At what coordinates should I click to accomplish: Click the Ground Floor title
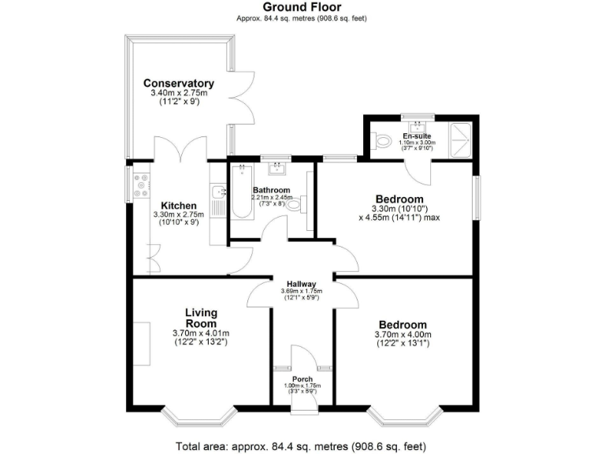click(x=302, y=7)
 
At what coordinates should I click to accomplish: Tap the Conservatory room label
click(x=179, y=84)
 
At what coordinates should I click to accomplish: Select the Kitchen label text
click(x=178, y=206)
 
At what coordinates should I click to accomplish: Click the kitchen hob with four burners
click(x=142, y=184)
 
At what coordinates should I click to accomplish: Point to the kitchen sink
click(x=218, y=192)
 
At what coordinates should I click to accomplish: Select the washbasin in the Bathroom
click(x=277, y=168)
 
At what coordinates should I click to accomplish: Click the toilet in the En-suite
click(x=383, y=142)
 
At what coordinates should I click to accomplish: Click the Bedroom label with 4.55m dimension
click(x=399, y=199)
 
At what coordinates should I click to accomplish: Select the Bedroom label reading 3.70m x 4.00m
click(x=403, y=325)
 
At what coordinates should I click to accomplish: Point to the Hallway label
click(x=302, y=285)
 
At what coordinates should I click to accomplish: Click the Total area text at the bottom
click(x=302, y=445)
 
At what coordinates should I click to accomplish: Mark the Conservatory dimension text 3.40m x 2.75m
click(x=179, y=94)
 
